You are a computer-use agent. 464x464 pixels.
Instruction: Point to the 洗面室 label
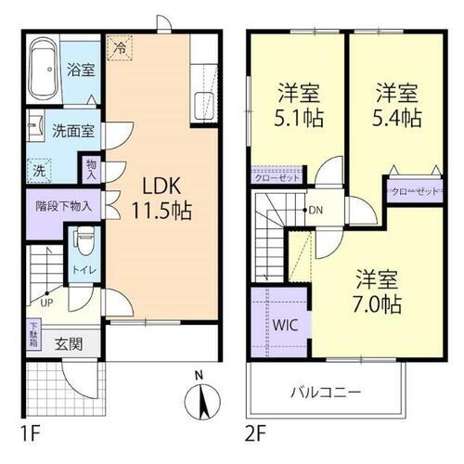click(71, 132)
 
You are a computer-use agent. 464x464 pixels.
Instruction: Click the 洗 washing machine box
click(39, 171)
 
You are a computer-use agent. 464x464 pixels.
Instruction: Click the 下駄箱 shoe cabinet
click(33, 331)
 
